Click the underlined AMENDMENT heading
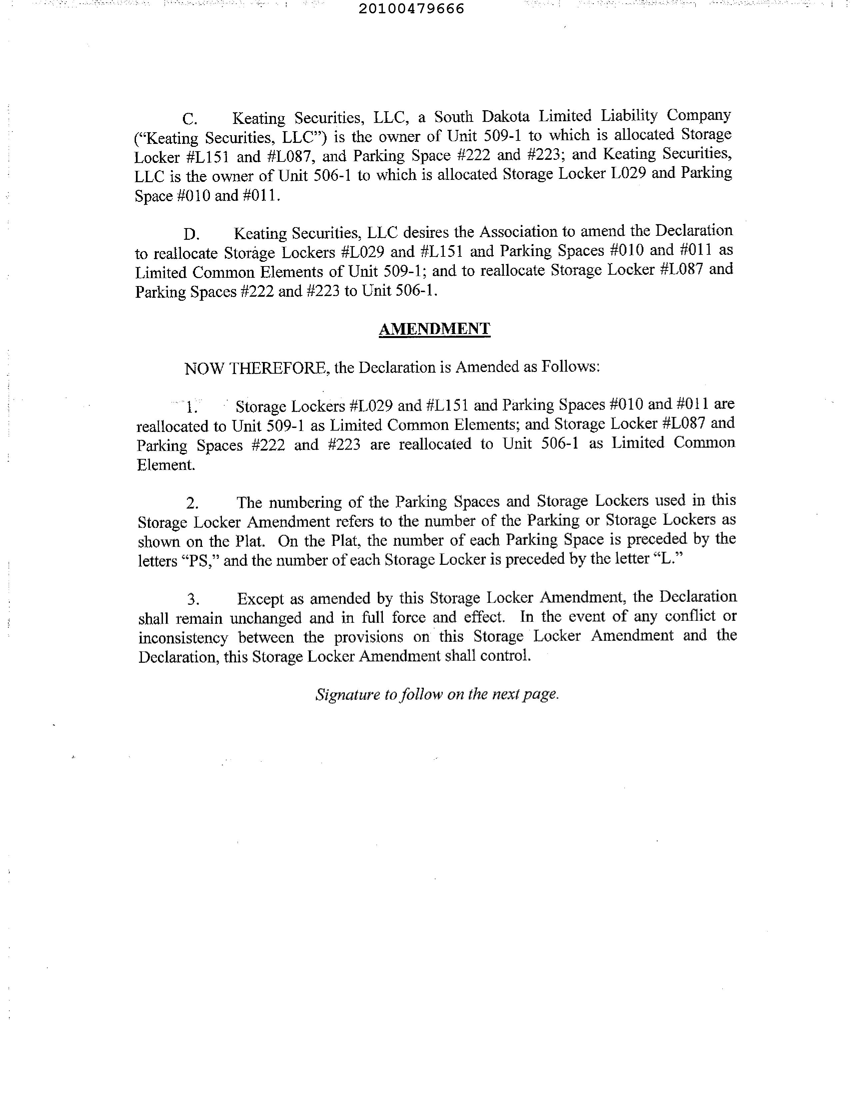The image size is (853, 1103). pos(434,329)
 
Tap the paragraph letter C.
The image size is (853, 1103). pos(190,119)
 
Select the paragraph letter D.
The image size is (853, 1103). pos(191,234)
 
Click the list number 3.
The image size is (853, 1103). pos(193,599)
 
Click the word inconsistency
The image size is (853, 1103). pos(183,638)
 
